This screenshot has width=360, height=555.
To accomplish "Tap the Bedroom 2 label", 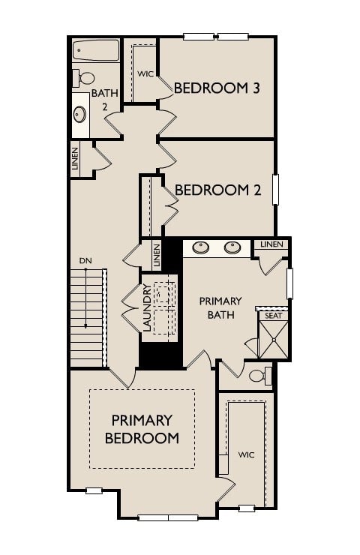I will pos(217,190).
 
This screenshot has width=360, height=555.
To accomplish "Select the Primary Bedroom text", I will pos(142,429).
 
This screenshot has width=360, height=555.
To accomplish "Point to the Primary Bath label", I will pos(217,307).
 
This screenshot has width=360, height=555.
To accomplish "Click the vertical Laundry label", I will pos(147,308).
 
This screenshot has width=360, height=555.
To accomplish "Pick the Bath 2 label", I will pos(100,100).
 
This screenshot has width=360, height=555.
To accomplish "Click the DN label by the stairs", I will pos(85,261).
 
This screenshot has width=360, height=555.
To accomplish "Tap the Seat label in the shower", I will pos(272,316).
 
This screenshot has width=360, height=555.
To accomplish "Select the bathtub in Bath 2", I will pos(96,51).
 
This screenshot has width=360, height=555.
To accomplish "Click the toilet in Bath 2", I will pos(84,78).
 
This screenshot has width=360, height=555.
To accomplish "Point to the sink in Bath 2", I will pos(79,115).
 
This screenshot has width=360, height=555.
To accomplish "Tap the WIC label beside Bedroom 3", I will pos(145,73).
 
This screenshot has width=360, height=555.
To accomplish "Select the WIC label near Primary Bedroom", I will pos(247,454).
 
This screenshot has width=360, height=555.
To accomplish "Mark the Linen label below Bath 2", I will pos(76,160).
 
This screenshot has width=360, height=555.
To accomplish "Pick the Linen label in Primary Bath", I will pos(271,244).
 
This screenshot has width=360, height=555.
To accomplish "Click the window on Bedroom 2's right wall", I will pos(275,190).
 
